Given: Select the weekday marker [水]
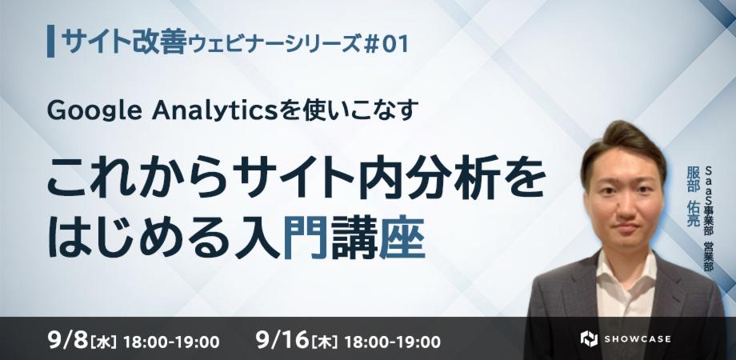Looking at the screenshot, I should point(105,341).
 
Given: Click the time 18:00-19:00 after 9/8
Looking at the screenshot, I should point(172,342).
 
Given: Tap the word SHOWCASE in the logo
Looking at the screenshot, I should point(638,338).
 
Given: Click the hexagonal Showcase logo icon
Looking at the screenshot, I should point(589,338).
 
